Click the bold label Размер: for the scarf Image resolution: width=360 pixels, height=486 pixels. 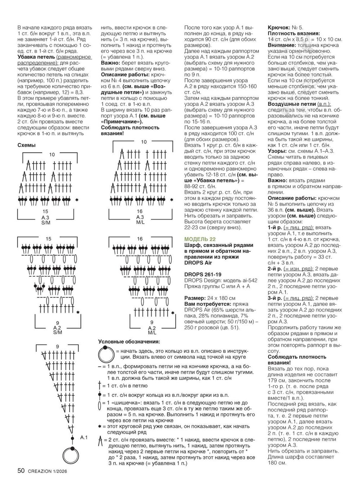click(x=195, y=298)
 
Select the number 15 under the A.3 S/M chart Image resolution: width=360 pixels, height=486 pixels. click(x=45, y=211)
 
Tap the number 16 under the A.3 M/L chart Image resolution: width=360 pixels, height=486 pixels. click(x=140, y=211)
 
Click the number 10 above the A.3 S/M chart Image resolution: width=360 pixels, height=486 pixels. click(x=52, y=154)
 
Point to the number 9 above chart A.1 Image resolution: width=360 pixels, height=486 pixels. click(x=57, y=346)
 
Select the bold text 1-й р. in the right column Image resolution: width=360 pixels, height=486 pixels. click(x=275, y=227)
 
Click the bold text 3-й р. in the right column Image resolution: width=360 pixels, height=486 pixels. click(x=275, y=298)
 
